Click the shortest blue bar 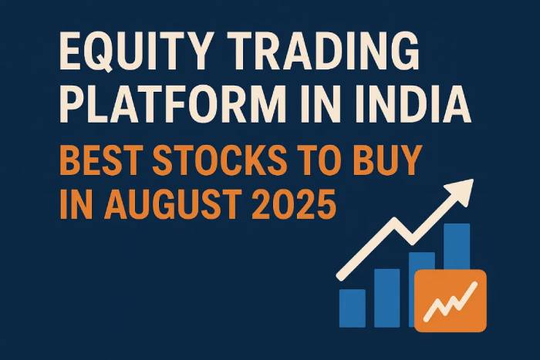pos(353,308)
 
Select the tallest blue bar pos(457,247)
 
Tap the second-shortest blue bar pos(387,298)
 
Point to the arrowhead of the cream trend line pos(463,191)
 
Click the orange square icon pos(451,301)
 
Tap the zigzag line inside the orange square pos(451,301)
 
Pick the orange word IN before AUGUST pos(78,204)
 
